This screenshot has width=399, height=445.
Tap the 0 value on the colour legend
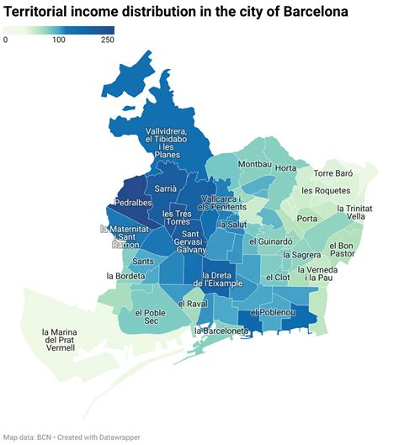(x=6, y=40)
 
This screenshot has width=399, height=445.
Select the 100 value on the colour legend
(x=59, y=40)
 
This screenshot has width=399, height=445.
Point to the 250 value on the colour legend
(x=107, y=40)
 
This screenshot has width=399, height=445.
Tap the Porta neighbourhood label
(x=307, y=219)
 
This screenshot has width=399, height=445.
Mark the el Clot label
(x=277, y=277)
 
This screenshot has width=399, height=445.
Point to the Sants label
(x=142, y=262)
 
